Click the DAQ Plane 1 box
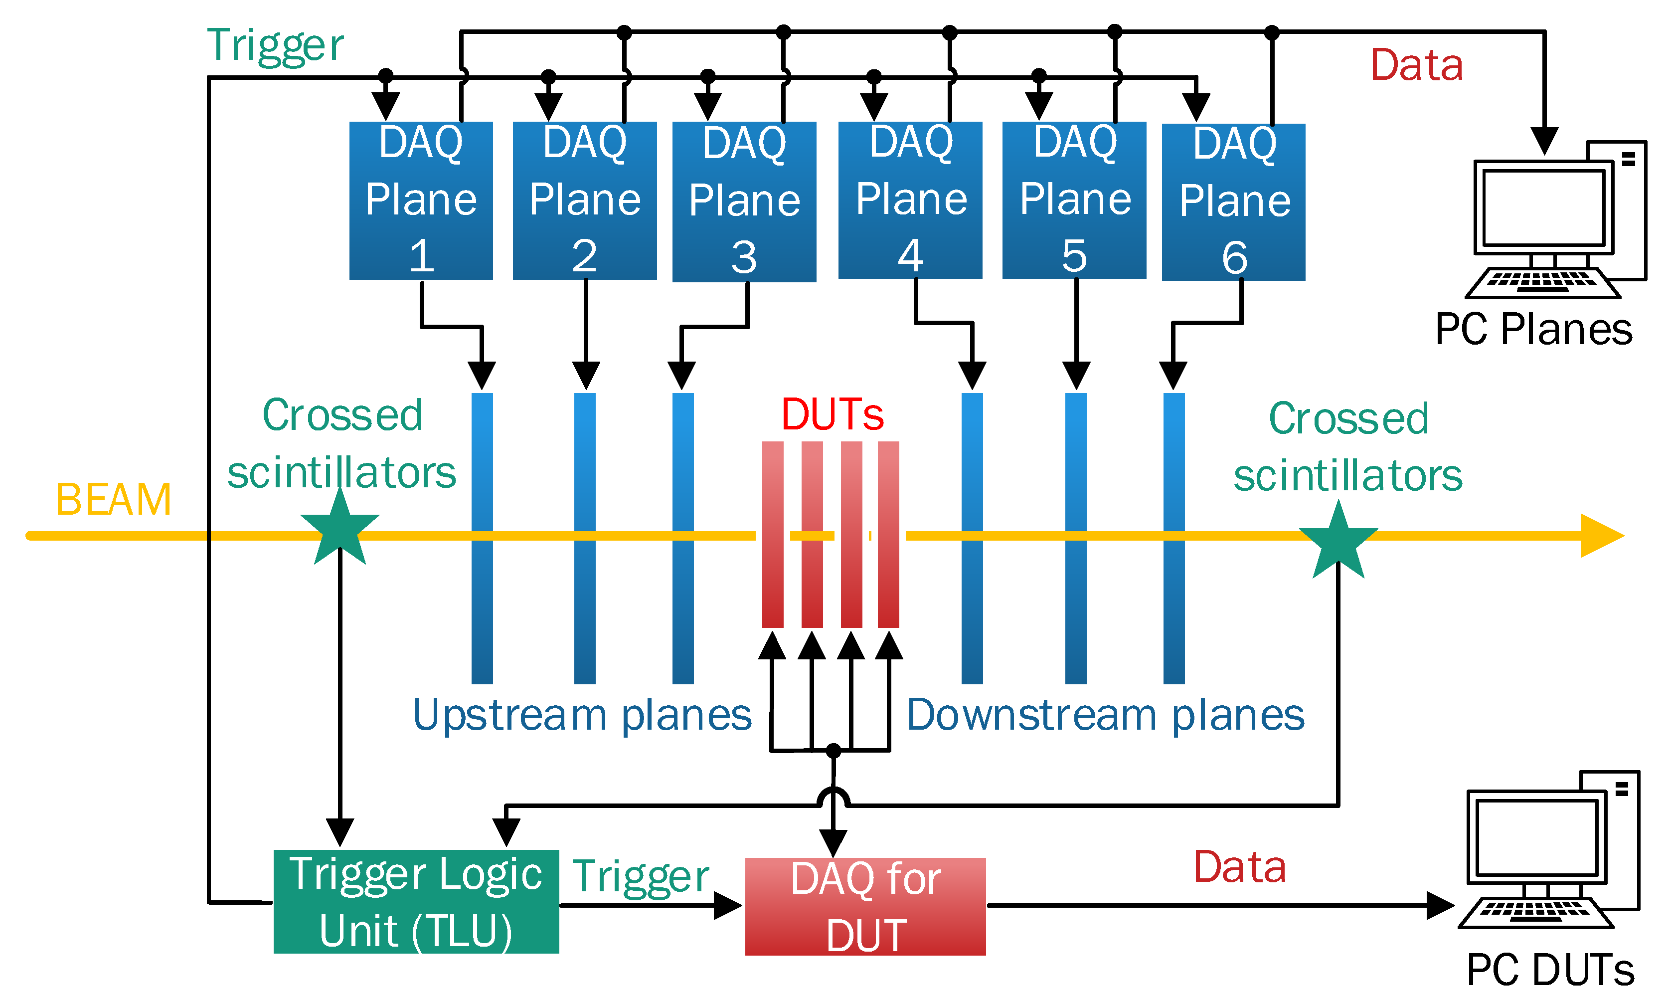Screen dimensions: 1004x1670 pos(421,201)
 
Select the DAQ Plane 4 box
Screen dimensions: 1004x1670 pos(910,201)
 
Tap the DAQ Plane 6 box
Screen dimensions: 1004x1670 pos(1233,201)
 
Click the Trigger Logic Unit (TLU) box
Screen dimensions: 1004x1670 pos(416,901)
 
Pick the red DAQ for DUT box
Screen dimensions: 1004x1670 pos(865,907)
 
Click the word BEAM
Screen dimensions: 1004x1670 pos(113,500)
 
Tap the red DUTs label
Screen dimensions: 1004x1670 pos(833,414)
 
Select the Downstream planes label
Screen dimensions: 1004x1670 pos(1106,715)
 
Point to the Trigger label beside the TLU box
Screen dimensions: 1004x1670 pos(640,877)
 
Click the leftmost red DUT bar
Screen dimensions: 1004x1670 pos(772,535)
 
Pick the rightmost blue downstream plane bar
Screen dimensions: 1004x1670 pos(1173,538)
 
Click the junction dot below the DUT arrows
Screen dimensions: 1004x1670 pos(834,750)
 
